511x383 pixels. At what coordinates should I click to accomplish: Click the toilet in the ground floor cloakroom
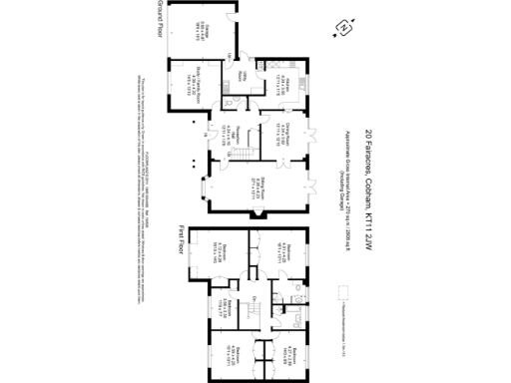click(231, 102)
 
